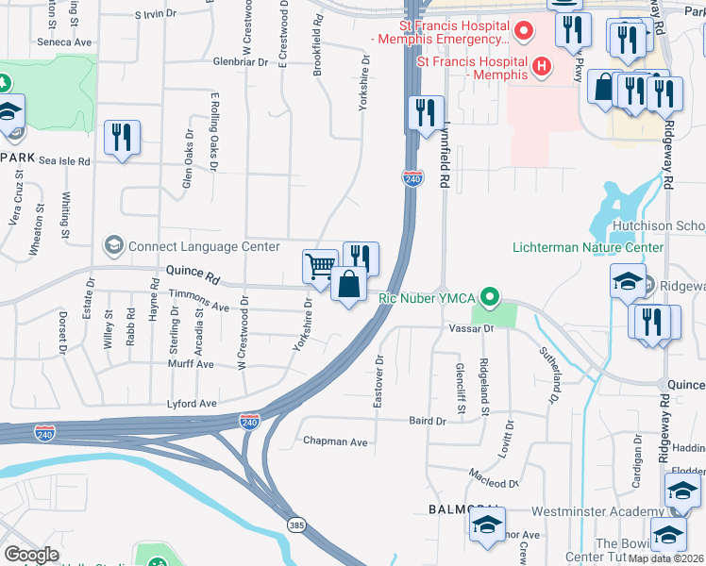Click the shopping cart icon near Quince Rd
[x=320, y=266]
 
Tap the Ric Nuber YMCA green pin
[x=488, y=298]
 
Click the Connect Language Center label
[x=203, y=246]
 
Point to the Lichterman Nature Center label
[x=588, y=247]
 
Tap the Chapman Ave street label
[x=335, y=441]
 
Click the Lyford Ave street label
[x=193, y=404]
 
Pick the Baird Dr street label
[x=427, y=421]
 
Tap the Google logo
[x=31, y=555]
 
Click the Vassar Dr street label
[x=477, y=329]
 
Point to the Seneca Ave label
[x=64, y=42]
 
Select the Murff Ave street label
[x=192, y=364]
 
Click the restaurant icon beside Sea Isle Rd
[x=122, y=137]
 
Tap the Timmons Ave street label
[x=199, y=307]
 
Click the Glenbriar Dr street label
[x=242, y=62]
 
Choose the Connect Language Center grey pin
[x=114, y=246]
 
